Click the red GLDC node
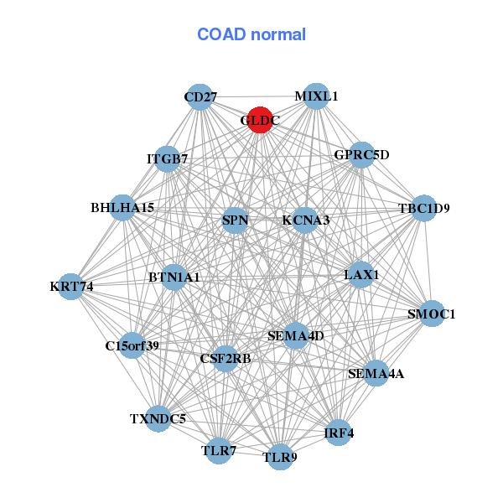coord(260,120)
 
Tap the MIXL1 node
coord(316,96)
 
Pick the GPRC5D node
coord(360,155)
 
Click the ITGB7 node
coord(168,159)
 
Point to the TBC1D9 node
coord(423,209)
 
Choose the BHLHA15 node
coord(122,208)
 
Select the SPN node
coord(236,221)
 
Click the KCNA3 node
coord(305,220)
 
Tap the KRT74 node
coord(72,286)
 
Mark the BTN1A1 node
coord(174,277)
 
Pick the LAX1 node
coord(360,274)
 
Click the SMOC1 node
coord(431,314)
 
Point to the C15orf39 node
coord(132,345)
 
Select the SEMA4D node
coord(295,336)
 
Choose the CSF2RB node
coord(225,359)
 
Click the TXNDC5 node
coord(158,417)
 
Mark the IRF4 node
coord(339,433)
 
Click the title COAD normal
coord(251,35)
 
